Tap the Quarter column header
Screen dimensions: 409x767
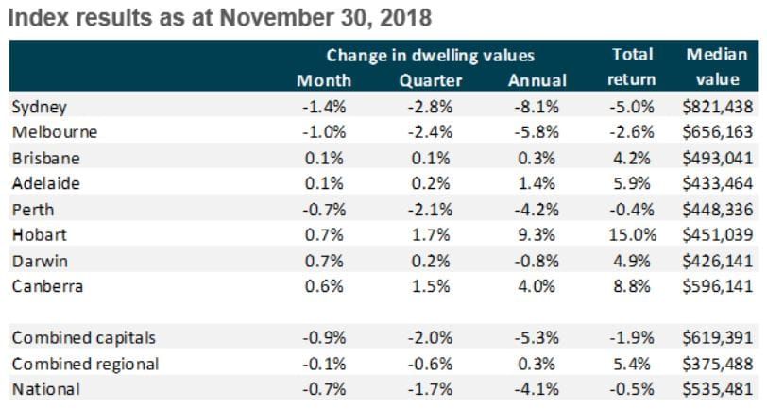coord(431,81)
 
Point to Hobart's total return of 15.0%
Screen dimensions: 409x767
coord(631,235)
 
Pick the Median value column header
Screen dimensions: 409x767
coord(710,68)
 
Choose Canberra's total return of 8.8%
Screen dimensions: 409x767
coord(631,286)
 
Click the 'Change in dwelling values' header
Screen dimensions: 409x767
coord(430,56)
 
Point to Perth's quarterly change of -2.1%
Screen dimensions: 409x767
coord(431,210)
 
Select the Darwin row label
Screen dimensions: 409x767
coord(37,261)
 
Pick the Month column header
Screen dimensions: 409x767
coord(324,81)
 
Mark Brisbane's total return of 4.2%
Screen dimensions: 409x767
coord(631,159)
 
